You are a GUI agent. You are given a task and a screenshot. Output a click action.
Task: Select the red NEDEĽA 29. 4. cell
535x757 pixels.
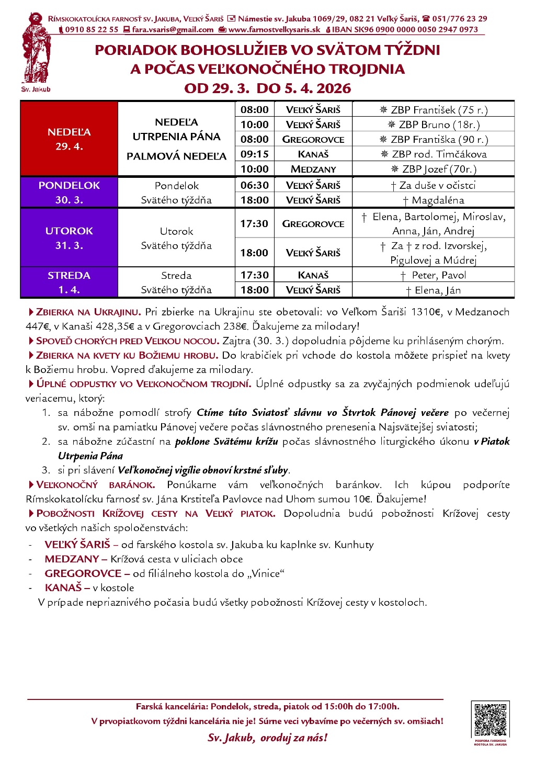pyautogui.click(x=69, y=139)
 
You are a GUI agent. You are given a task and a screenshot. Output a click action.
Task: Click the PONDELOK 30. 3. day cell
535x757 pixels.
pyautogui.click(x=69, y=193)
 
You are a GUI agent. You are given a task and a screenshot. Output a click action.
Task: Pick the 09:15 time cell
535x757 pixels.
pyautogui.click(x=254, y=154)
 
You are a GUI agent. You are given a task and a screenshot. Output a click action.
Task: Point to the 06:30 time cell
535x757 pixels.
pyautogui.click(x=254, y=185)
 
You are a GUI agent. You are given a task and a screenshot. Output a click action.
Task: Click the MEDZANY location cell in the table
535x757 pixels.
pyautogui.click(x=313, y=169)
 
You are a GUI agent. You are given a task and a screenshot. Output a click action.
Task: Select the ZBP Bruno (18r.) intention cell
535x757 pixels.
pyautogui.click(x=434, y=125)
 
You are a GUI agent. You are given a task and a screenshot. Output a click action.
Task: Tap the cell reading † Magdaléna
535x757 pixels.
pyautogui.click(x=434, y=200)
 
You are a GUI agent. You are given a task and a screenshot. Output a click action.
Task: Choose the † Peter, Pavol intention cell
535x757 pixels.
pyautogui.click(x=434, y=275)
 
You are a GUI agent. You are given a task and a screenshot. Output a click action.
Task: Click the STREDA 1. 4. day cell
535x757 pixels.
pyautogui.click(x=69, y=283)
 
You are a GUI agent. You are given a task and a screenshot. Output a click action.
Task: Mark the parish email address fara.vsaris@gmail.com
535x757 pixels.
pyautogui.click(x=173, y=30)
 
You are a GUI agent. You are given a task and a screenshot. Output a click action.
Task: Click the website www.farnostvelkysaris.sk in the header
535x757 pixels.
pyautogui.click(x=274, y=30)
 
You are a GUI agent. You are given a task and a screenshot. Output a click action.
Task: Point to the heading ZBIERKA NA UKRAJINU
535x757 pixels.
pyautogui.click(x=88, y=312)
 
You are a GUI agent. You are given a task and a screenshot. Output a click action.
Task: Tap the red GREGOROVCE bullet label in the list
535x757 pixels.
pyautogui.click(x=83, y=573)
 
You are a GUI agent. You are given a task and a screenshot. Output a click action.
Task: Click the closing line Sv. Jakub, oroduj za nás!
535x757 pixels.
pyautogui.click(x=267, y=738)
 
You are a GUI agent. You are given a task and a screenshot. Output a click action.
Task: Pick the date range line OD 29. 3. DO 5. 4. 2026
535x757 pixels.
pyautogui.click(x=267, y=88)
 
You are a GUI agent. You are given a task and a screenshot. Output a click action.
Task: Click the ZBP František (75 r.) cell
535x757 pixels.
pyautogui.click(x=434, y=110)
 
